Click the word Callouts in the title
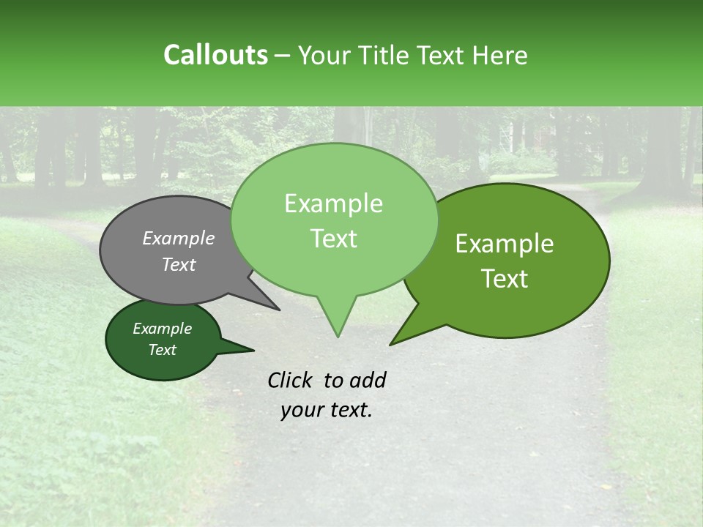click(x=215, y=55)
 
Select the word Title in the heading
click(x=384, y=55)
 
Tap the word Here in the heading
click(x=500, y=55)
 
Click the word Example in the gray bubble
click(x=179, y=238)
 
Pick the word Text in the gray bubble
click(x=179, y=264)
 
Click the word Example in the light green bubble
click(x=333, y=203)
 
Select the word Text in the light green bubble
click(x=333, y=239)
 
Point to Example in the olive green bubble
click(x=505, y=244)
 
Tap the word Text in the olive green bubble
click(x=505, y=279)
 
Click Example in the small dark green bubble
click(x=163, y=329)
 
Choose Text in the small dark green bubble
click(x=163, y=350)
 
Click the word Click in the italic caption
click(x=291, y=380)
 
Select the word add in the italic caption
click(x=368, y=380)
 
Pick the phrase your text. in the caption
click(x=327, y=411)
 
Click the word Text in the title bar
click(x=442, y=55)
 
